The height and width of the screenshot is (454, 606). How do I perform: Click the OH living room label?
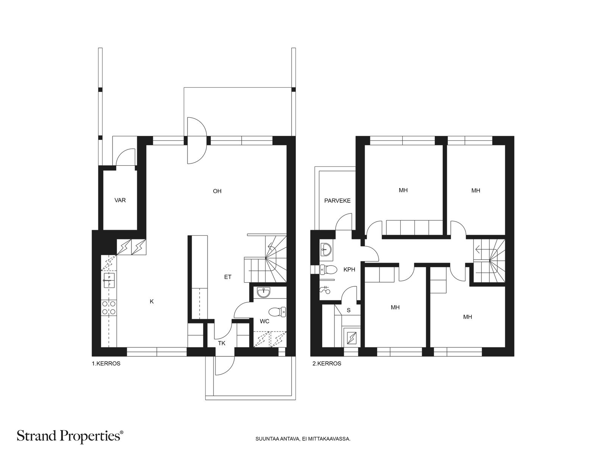pos(217,191)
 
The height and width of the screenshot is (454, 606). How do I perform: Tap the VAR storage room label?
pos(120,200)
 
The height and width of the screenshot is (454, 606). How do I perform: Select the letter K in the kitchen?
pos(151,302)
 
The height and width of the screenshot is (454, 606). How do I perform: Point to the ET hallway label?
pos(228,277)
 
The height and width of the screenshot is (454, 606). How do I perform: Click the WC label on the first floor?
pos(264,321)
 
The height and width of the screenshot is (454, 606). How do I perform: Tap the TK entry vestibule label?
pos(222,343)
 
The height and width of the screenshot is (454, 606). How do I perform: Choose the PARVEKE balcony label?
pos(337,201)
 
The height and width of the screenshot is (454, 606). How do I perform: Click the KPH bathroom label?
pos(349,270)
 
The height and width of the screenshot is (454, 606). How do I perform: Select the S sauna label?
pos(349,310)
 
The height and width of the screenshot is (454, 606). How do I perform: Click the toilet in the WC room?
pos(277,312)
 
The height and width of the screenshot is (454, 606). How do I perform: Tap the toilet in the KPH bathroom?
pos(328,269)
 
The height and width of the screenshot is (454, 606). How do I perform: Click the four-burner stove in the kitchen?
pos(109,308)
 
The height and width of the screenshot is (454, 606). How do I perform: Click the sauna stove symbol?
pos(351,338)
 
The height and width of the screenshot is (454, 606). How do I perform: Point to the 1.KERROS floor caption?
pos(106,364)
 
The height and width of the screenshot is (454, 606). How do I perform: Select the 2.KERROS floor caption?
pos(326,364)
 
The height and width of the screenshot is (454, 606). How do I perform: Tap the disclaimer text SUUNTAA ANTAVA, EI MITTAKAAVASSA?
pos(303,438)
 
